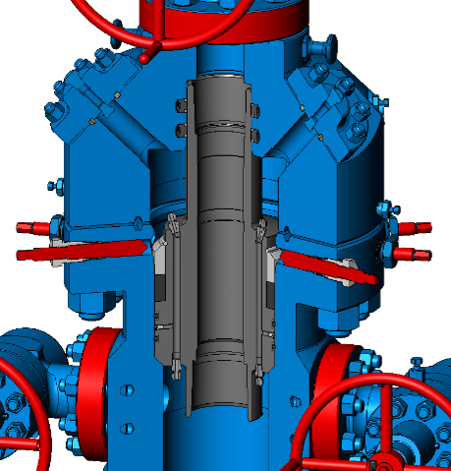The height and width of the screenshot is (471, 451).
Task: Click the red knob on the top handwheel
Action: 144,58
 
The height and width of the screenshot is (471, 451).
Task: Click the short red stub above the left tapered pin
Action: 34,228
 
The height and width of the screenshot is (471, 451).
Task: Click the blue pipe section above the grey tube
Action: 224,59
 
